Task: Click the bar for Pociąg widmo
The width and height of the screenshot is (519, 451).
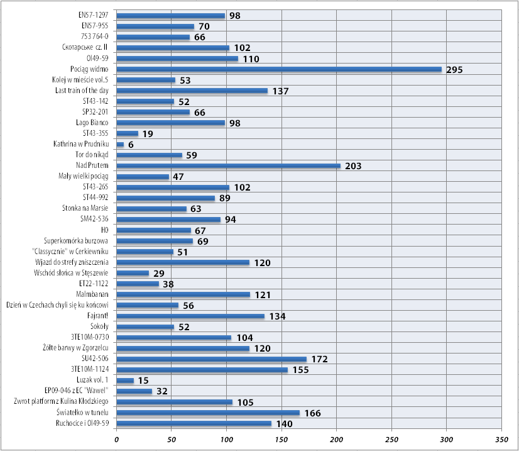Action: point(279,69)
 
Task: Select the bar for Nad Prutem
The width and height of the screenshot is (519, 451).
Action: point(229,166)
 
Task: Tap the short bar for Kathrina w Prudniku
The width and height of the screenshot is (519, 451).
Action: point(120,145)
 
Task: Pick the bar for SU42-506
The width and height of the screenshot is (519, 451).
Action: point(212,359)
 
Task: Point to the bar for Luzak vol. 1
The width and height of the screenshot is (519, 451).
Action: point(125,381)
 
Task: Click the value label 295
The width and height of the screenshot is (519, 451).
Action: point(454,70)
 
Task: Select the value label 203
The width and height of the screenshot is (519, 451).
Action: point(353,167)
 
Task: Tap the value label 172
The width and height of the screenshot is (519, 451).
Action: point(319,360)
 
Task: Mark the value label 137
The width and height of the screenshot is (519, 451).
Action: point(280,91)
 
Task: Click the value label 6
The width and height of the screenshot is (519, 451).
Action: point(131,145)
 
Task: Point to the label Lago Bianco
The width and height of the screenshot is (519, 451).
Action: point(92,123)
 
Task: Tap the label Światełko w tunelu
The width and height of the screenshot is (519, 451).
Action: point(82,413)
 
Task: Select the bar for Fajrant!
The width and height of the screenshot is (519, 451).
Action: point(190,316)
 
